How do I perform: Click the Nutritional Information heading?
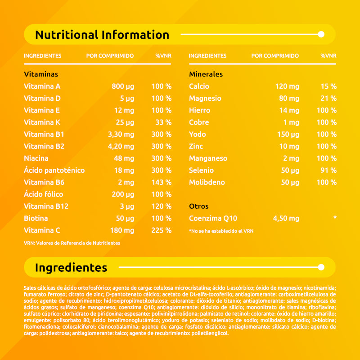102,35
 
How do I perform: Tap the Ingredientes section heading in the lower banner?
71,268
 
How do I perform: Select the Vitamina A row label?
42,86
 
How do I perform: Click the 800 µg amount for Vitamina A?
123,86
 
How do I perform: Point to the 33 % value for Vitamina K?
163,122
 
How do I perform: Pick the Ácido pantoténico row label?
54,171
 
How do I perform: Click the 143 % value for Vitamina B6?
162,183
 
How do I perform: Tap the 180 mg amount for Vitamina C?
122,230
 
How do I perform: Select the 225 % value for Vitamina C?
162,230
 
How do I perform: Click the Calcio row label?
199,86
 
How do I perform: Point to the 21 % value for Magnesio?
328,99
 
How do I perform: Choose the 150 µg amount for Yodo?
288,135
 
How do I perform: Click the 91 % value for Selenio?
328,171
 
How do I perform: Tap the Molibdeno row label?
207,183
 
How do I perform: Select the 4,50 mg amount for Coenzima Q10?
286,219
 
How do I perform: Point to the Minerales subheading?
206,74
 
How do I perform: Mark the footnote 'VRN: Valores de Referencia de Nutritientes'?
72,243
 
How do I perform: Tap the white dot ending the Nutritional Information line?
321,34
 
